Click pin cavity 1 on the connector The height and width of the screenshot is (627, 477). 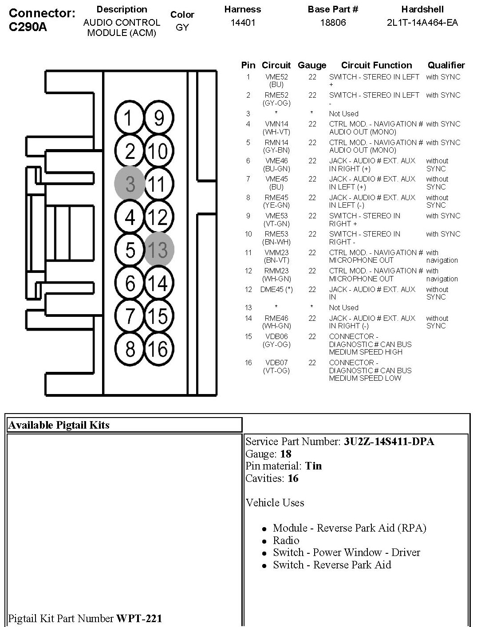click(x=129, y=118)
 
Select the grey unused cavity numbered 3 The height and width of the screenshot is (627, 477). click(x=129, y=184)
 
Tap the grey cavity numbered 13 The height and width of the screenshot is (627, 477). click(x=159, y=250)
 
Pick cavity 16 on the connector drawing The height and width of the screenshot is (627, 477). click(x=159, y=349)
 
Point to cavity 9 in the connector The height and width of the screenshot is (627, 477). click(x=159, y=118)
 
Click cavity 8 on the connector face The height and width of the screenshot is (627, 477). click(x=129, y=349)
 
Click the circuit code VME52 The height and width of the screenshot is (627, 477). click(x=276, y=77)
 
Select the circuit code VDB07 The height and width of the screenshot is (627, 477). click(x=276, y=363)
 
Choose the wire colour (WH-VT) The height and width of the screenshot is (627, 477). click(x=276, y=132)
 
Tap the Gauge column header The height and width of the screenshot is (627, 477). click(x=312, y=65)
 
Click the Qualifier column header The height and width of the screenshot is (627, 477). click(x=446, y=65)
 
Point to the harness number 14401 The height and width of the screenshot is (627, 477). click(x=243, y=22)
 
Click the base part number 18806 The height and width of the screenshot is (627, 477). click(x=333, y=22)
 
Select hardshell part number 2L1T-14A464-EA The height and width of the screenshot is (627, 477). click(x=422, y=22)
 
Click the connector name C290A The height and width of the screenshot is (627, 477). click(x=28, y=27)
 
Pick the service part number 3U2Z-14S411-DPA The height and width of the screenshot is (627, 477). click(x=389, y=442)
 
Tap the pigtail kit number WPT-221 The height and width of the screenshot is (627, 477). click(x=139, y=618)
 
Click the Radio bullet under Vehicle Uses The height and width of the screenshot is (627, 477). click(x=286, y=540)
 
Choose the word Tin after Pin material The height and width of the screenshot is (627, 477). click(x=313, y=466)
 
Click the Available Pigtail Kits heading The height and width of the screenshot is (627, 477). click(x=59, y=425)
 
